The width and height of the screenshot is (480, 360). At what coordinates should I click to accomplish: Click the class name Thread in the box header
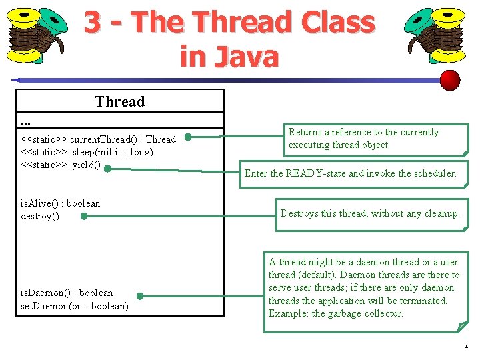tap(120, 101)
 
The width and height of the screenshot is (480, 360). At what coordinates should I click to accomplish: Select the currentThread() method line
tap(98, 139)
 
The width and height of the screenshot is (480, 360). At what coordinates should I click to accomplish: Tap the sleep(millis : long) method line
tap(87, 152)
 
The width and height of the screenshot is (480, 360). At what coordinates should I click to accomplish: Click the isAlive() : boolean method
tap(60, 203)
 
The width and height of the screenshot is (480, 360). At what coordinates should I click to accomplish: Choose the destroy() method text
tap(39, 216)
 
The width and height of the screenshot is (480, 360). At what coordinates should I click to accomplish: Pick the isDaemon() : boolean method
tap(67, 293)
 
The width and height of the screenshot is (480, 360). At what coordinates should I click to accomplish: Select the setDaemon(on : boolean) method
tap(74, 306)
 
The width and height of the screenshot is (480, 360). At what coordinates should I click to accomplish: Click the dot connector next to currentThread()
tap(189, 138)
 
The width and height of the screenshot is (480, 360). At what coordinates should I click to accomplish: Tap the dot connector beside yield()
tap(107, 169)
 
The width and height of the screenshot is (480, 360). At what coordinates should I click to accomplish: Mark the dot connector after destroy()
tap(83, 217)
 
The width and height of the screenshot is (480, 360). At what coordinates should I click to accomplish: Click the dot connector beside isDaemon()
tap(140, 297)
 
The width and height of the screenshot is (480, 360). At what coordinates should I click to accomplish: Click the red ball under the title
tap(451, 80)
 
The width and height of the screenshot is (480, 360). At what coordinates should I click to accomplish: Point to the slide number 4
tap(466, 347)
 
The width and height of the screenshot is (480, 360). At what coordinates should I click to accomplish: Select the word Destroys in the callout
tap(299, 213)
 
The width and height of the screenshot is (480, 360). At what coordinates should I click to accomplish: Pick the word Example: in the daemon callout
tap(289, 313)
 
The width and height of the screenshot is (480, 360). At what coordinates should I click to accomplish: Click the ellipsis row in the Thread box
tap(26, 121)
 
